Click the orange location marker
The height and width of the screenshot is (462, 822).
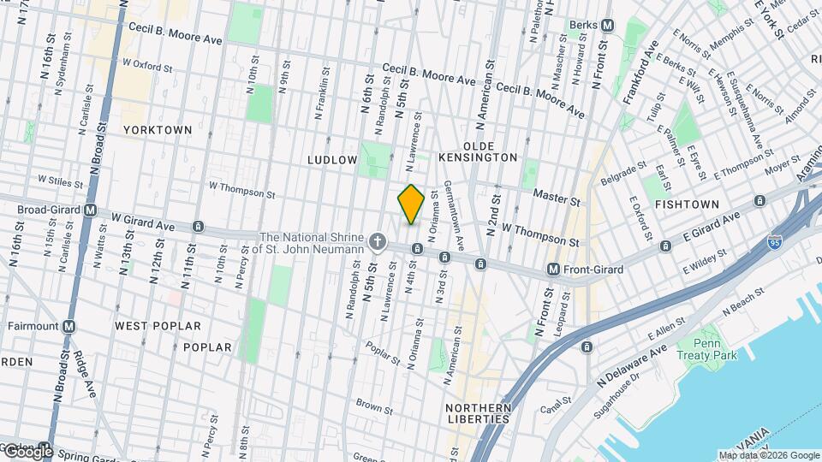click(412, 204)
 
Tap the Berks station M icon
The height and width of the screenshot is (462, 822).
click(607, 26)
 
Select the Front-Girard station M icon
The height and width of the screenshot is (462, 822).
click(554, 269)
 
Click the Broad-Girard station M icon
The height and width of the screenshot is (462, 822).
click(90, 210)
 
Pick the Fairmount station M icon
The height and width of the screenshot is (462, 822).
click(68, 326)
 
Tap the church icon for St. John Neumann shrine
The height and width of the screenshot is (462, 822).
click(376, 243)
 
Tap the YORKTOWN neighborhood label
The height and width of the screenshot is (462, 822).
click(158, 130)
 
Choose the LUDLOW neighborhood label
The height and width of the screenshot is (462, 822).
click(332, 160)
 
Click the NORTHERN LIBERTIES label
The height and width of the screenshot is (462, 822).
click(479, 412)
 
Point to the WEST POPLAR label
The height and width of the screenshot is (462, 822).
click(158, 326)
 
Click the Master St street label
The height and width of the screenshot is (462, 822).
click(557, 196)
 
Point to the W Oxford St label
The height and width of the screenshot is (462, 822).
click(147, 64)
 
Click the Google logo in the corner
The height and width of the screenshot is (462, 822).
click(27, 451)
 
